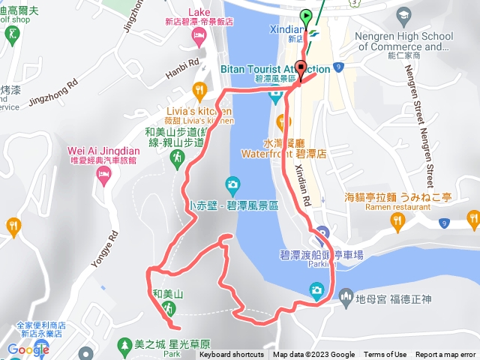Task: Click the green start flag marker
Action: [306, 16]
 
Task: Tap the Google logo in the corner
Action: [28, 349]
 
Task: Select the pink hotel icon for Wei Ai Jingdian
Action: [103, 175]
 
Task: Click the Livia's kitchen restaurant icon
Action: [199, 91]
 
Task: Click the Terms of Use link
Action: [385, 355]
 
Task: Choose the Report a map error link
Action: [445, 355]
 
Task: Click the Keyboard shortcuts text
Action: [231, 355]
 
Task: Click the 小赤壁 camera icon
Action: [232, 184]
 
